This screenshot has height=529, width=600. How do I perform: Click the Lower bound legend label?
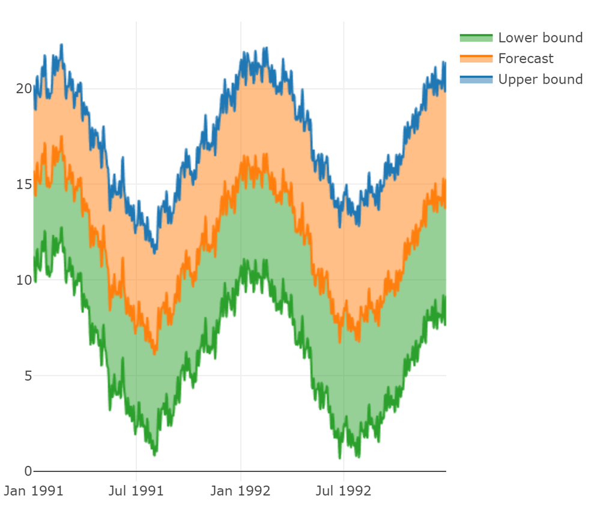coord(540,38)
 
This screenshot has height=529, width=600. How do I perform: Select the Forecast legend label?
coord(526,58)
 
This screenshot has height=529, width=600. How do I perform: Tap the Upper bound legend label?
coord(540,79)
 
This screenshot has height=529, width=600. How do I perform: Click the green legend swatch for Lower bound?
coord(476,38)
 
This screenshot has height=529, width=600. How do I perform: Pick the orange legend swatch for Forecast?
coord(476,58)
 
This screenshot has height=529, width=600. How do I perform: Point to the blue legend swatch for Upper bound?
coord(476,79)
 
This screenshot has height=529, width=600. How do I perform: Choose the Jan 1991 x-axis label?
coord(34,491)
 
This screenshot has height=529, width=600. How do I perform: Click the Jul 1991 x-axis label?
coord(136,491)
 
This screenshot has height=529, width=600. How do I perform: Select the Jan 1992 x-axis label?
coord(240,491)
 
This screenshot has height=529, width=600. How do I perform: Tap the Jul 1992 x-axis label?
coord(344,491)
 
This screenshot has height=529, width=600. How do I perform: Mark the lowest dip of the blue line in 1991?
coord(154,252)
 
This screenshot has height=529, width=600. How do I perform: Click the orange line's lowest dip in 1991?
coord(154,353)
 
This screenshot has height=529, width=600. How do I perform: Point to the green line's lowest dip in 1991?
coord(154,455)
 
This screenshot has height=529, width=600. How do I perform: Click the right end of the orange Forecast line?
coord(445,207)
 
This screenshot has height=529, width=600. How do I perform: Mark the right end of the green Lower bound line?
coord(445,324)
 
